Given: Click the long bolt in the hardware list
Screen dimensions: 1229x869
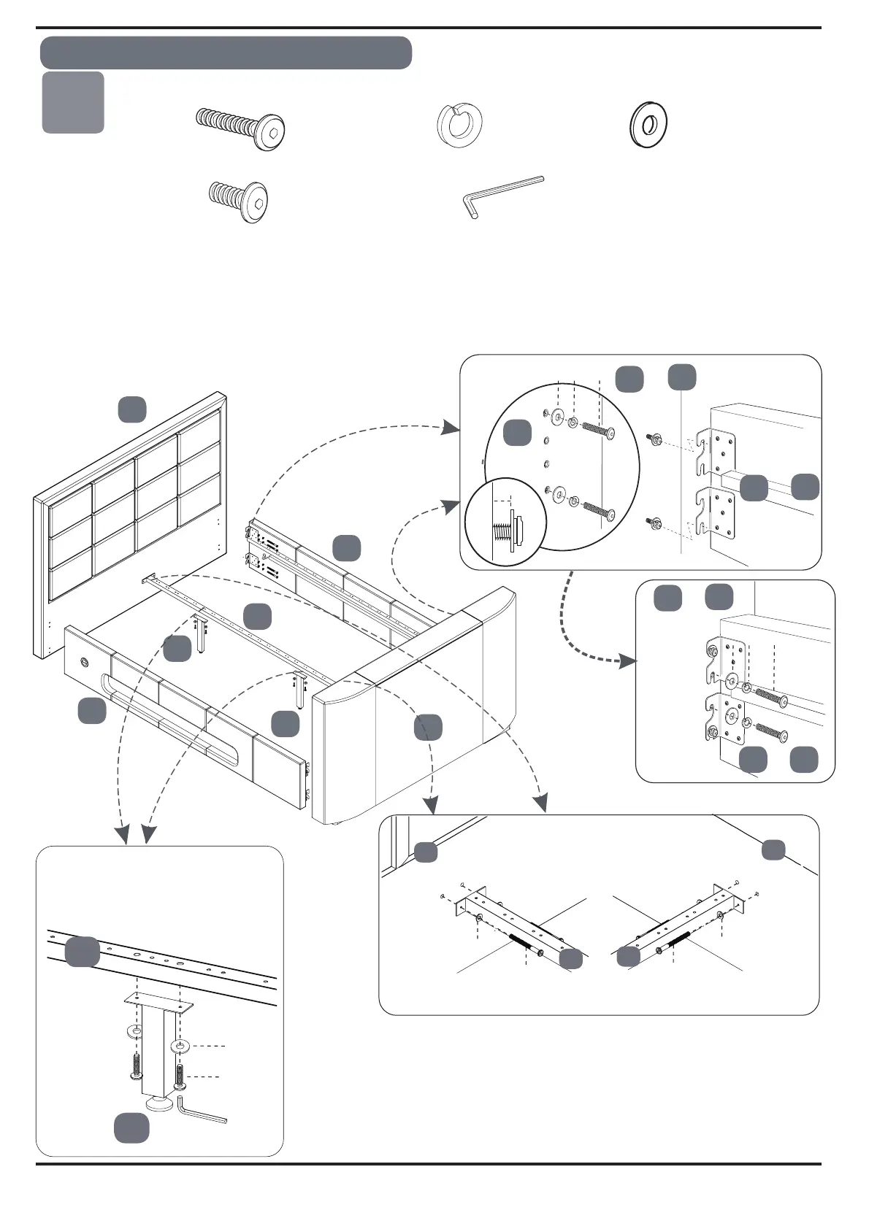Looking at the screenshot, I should [x=241, y=127].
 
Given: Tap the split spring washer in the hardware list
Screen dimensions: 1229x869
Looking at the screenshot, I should [x=459, y=125].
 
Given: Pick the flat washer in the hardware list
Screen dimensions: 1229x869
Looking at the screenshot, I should [x=648, y=124].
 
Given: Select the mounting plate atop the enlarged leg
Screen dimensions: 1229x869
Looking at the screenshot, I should [x=158, y=1004].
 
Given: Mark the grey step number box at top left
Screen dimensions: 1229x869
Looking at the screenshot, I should [x=73, y=102].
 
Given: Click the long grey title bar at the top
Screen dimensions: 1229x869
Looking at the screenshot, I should [x=226, y=53].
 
